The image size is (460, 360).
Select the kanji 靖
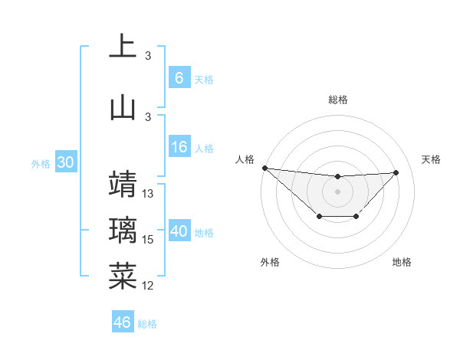point(123,184)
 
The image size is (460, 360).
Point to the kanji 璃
point(123,231)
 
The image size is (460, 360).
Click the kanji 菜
point(123,277)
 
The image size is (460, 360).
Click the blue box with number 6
point(179,78)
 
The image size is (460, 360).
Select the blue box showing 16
point(179,148)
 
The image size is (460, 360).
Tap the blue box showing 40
point(179,232)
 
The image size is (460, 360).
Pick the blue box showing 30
point(66,163)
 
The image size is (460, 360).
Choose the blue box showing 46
point(123,322)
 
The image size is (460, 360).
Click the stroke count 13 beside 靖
point(149,194)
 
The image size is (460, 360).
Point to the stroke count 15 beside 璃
point(149,240)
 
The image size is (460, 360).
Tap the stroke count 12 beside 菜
point(149,286)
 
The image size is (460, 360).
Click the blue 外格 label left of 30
point(41,164)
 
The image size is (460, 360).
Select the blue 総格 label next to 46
point(147,323)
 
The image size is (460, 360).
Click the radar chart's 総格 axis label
point(337,100)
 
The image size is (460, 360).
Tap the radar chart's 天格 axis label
point(432,159)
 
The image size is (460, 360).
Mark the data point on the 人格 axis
point(264,168)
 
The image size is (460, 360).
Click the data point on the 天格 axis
point(396,172)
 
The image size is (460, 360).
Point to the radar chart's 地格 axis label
point(402,262)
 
